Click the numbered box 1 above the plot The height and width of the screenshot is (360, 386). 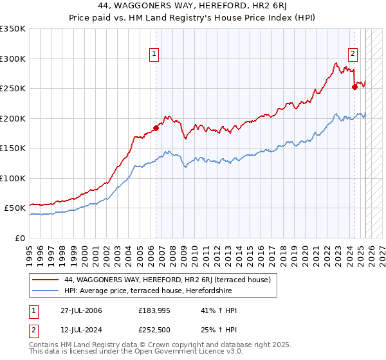click(x=155, y=54)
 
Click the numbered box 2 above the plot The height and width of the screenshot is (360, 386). click(x=353, y=54)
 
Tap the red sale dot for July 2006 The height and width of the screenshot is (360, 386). click(x=156, y=128)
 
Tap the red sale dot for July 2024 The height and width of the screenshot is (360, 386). click(x=354, y=87)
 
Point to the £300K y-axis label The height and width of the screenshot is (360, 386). click(x=12, y=59)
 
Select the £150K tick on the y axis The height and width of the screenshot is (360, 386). click(x=12, y=148)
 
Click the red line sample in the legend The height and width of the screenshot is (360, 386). click(x=44, y=280)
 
